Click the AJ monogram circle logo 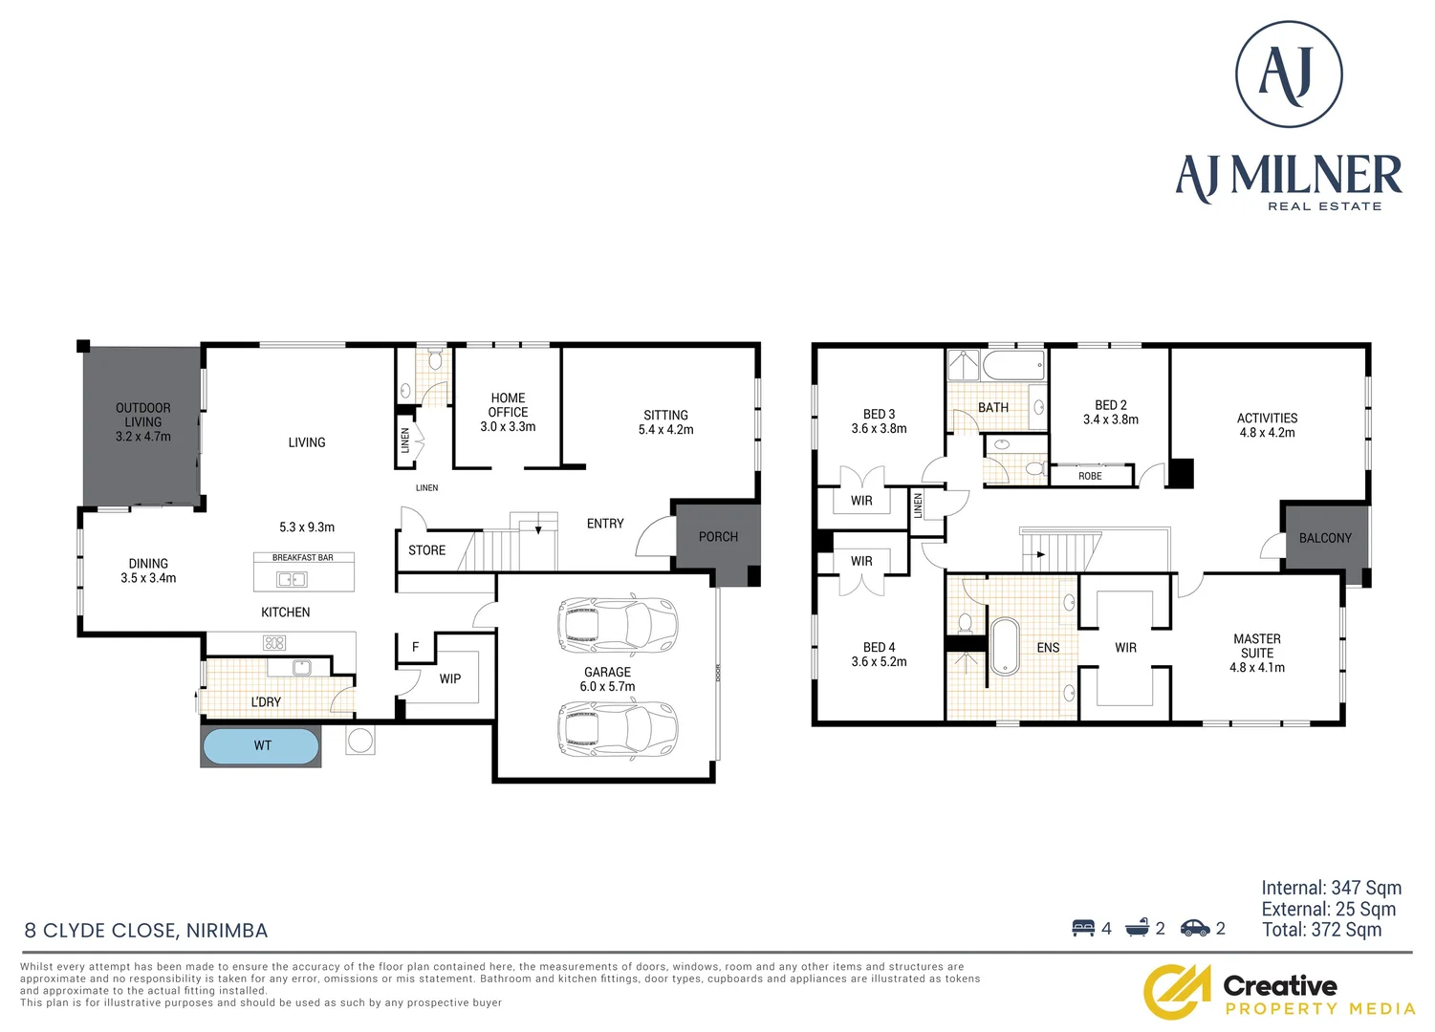click(1289, 75)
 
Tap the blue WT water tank click(261, 746)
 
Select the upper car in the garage click(617, 625)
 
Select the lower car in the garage click(617, 729)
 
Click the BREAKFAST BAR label click(303, 557)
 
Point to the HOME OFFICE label click(508, 405)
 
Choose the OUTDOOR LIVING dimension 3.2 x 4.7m click(143, 437)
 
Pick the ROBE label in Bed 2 click(1090, 476)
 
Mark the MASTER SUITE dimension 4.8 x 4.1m click(1256, 668)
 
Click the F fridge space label click(415, 647)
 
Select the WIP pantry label click(450, 678)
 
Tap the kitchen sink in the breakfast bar click(292, 579)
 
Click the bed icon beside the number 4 click(1083, 928)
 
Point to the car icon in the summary click(1195, 928)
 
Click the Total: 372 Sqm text click(1321, 930)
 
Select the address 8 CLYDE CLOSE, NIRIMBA click(146, 931)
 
